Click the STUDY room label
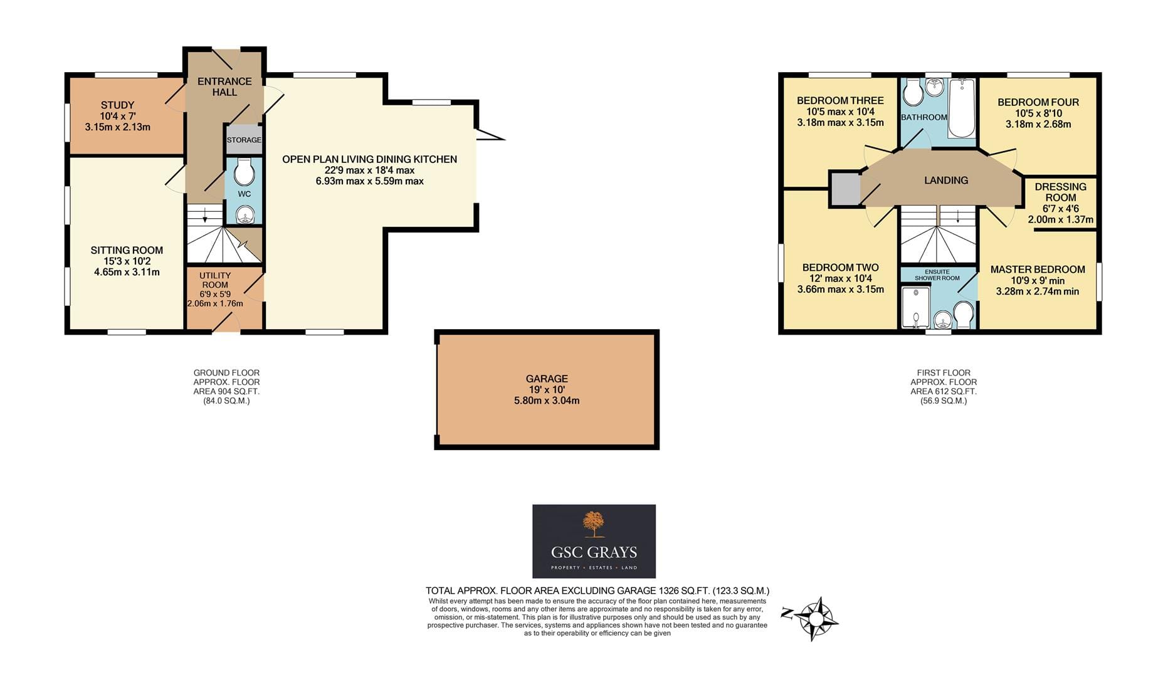click(117, 105)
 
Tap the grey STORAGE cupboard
click(244, 140)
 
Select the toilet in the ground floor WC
click(244, 171)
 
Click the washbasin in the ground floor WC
click(245, 216)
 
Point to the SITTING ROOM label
click(127, 250)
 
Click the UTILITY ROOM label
click(215, 280)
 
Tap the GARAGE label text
click(547, 379)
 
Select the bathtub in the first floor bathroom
click(961, 108)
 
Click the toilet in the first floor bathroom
click(913, 93)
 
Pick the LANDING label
click(946, 181)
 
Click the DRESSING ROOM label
click(1061, 192)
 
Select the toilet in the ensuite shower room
click(963, 314)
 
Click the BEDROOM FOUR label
click(1038, 102)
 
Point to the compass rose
click(816, 619)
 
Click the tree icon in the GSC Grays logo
click(593, 524)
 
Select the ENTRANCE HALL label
click(224, 87)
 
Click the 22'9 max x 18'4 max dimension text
click(369, 170)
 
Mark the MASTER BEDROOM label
click(1038, 270)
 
